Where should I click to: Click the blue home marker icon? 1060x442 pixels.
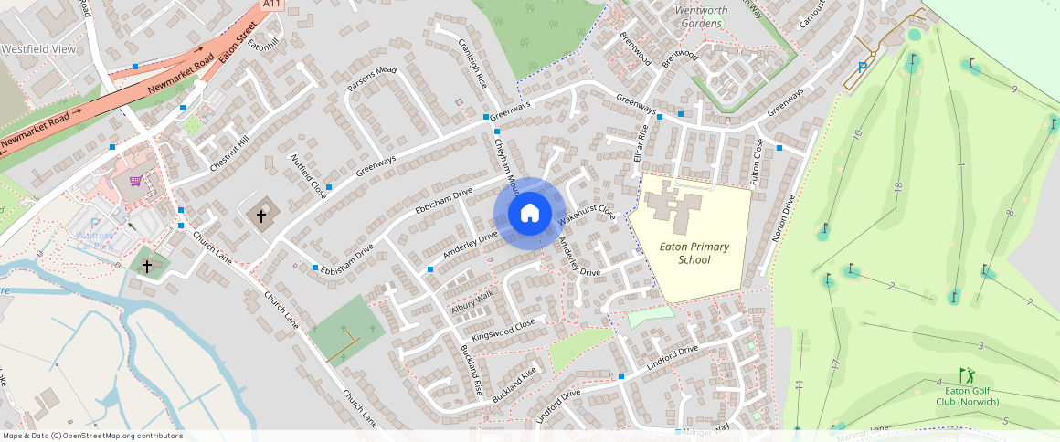[529, 214]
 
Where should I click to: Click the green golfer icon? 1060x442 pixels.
[967, 375]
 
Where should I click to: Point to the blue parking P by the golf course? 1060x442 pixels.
[863, 68]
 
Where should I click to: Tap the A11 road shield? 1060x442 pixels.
[270, 5]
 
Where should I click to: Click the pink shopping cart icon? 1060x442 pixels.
[136, 181]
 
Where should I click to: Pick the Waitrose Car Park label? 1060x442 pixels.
[96, 240]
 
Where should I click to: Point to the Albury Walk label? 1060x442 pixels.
[472, 302]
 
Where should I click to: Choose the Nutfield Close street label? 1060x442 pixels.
[308, 176]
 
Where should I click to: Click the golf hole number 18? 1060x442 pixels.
[899, 187]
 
